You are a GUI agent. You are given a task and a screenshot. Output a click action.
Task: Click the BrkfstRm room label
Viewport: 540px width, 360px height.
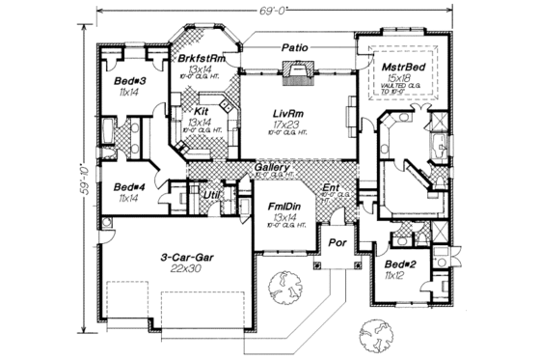coord(202,59)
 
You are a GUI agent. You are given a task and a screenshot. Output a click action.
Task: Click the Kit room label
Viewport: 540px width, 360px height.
coord(200,112)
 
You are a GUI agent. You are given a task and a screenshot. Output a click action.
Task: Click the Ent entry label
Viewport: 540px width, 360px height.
coord(331,187)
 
